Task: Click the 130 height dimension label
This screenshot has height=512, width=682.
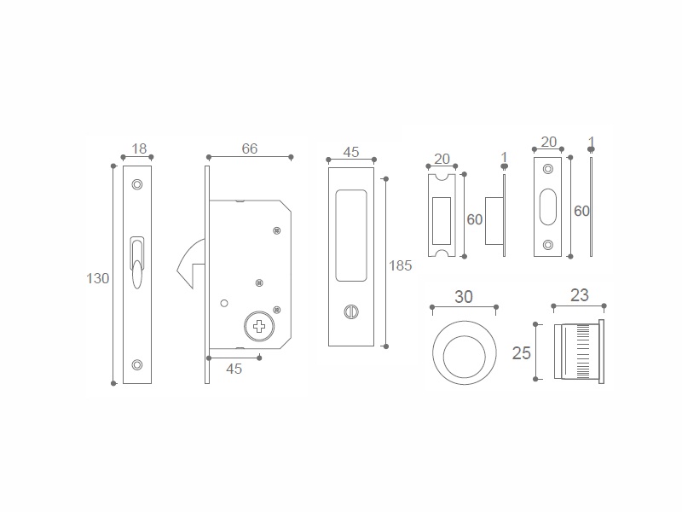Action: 97,279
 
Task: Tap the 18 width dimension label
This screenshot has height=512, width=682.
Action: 139,148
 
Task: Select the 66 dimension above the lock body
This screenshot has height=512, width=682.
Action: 250,148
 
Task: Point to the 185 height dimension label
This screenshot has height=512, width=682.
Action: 400,265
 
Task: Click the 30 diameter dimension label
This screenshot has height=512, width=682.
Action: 464,297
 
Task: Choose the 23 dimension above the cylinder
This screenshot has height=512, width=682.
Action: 580,295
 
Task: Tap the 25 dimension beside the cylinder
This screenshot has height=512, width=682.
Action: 522,353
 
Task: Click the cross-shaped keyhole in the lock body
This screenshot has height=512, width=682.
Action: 259,327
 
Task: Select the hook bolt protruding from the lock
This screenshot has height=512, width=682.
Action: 190,264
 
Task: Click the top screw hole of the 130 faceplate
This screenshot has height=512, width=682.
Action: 137,184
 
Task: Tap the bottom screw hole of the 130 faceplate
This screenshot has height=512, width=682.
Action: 137,365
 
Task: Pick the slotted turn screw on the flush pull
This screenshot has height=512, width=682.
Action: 351,311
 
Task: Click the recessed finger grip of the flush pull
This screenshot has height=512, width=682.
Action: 351,236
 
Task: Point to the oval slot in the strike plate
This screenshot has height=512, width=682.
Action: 548,207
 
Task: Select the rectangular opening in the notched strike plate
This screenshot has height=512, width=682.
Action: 442,221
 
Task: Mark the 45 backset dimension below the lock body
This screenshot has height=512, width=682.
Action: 234,369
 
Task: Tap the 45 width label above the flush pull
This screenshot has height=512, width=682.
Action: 351,152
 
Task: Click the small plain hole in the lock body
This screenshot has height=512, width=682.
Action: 224,303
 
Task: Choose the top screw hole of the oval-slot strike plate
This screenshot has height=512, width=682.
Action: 548,169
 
